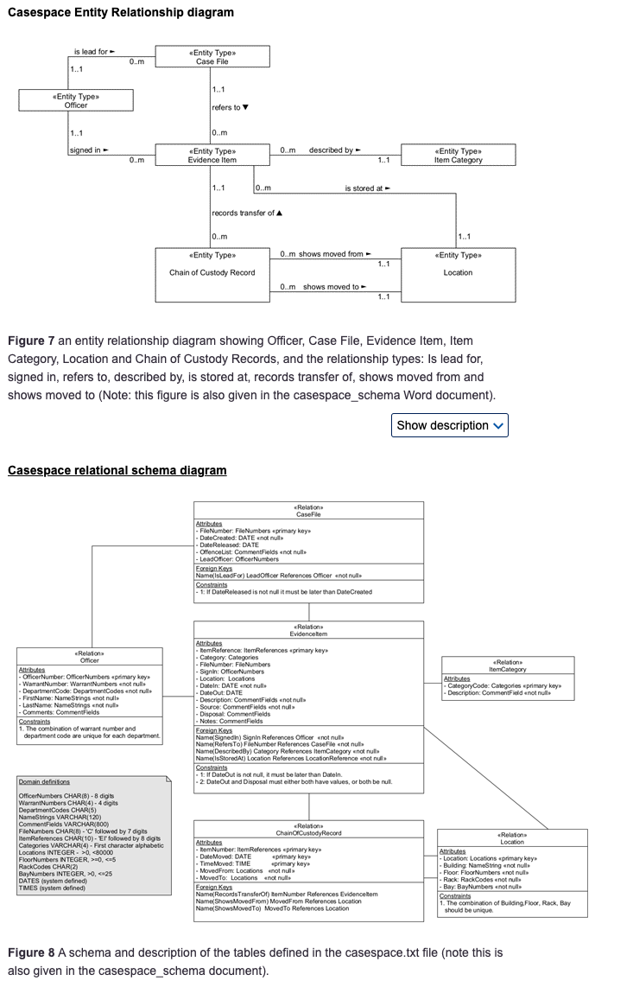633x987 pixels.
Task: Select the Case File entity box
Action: tap(212, 57)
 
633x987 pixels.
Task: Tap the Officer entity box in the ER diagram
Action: tap(76, 100)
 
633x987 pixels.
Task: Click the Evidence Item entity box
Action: tap(212, 156)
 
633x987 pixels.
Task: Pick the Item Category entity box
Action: tap(458, 156)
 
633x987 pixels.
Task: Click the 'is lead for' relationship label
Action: tap(94, 52)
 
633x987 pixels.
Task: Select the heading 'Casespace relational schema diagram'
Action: tap(117, 471)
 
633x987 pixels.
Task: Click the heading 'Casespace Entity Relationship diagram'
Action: tap(121, 13)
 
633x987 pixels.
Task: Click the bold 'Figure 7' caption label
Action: tap(31, 341)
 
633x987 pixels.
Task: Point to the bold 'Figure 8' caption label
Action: tap(31, 952)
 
